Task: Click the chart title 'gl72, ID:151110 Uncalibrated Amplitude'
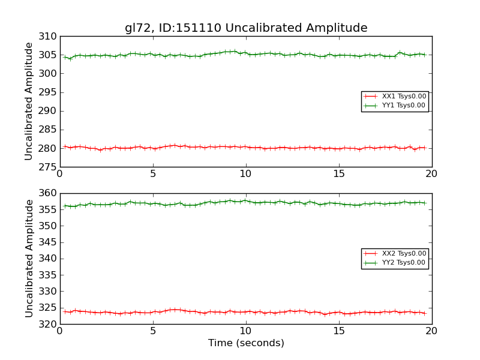pos(246,28)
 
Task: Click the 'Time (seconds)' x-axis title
pos(246,343)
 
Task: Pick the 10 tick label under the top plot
pos(246,174)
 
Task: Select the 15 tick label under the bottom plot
pos(339,331)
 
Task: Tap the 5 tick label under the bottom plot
pos(153,331)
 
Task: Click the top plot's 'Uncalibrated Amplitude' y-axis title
pos(29,101)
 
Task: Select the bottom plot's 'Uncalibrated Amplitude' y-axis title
pos(29,259)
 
